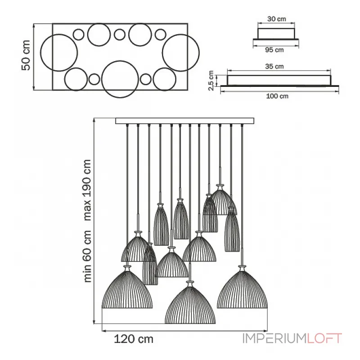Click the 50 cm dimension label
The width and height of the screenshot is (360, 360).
[x=26, y=55]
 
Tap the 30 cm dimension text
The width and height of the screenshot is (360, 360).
[x=277, y=19]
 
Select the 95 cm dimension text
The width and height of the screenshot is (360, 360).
[x=274, y=50]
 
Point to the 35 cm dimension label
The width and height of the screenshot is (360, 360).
[x=274, y=66]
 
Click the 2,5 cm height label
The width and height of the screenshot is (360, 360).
[x=211, y=81]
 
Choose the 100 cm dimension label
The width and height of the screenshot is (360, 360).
[x=277, y=96]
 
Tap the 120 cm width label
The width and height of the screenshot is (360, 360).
[x=134, y=339]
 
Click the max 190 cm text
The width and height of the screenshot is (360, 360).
[x=87, y=190]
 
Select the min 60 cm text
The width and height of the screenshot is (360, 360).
[x=87, y=256]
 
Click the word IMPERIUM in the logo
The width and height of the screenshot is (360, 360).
[x=274, y=338]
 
